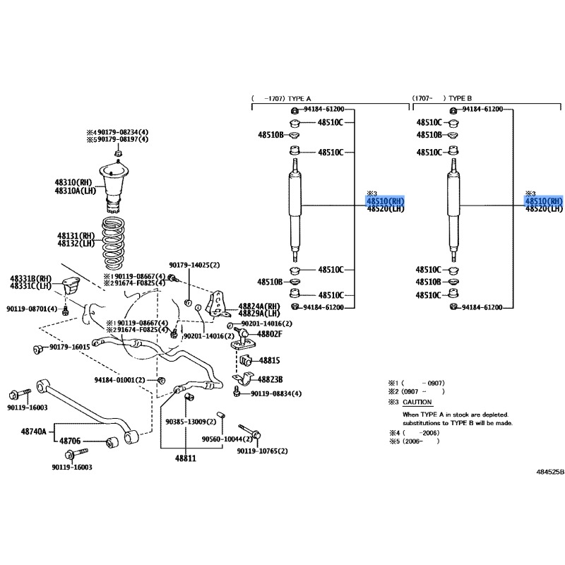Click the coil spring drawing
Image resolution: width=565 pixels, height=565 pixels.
tap(113, 244)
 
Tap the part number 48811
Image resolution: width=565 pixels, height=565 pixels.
tap(186, 458)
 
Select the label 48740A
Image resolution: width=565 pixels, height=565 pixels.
tap(33, 432)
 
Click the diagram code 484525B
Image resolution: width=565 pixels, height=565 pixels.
tap(550, 472)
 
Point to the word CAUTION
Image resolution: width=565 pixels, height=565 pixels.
tap(417, 402)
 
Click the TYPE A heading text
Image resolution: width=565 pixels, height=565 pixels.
tap(299, 98)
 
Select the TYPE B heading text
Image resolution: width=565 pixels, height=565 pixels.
tap(460, 98)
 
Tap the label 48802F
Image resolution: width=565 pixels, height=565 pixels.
tap(270, 334)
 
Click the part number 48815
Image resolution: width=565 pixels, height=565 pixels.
tap(270, 360)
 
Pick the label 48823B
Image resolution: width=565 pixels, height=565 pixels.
tap(270, 379)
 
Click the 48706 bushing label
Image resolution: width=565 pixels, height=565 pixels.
tap(70, 441)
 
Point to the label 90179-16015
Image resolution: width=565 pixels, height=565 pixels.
tap(69, 347)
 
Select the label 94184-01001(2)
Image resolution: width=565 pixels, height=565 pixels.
tap(119, 380)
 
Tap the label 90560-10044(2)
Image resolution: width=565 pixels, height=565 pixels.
tap(227, 439)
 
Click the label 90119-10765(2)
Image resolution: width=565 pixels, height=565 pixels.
tap(262, 451)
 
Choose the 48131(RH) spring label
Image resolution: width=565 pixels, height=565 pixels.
tap(76, 236)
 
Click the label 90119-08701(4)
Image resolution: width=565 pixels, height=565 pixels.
tap(32, 309)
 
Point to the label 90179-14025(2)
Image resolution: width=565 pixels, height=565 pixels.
tap(194, 266)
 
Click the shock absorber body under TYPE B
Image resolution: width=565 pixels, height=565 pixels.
tap(453, 210)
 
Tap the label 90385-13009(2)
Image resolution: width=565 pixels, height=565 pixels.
tap(191, 422)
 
